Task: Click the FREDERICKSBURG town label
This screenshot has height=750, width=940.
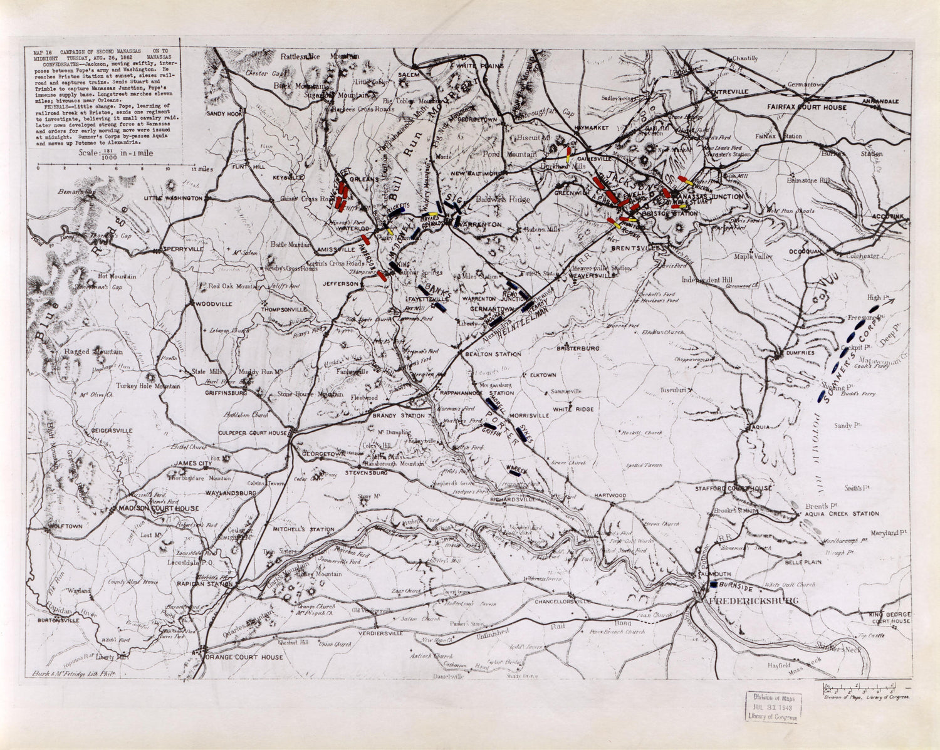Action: pyautogui.click(x=753, y=601)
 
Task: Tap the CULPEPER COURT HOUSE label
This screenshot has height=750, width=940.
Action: pyautogui.click(x=252, y=433)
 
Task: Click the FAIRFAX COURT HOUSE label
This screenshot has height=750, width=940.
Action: pyautogui.click(x=807, y=107)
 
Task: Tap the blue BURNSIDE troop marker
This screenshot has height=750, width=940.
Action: pyautogui.click(x=714, y=584)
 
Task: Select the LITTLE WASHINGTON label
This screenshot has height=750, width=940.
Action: pyautogui.click(x=174, y=198)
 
